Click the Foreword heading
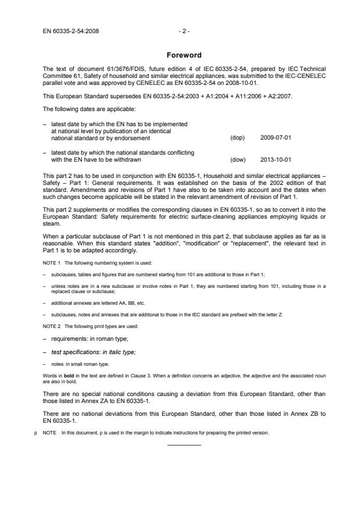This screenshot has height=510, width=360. [184, 55]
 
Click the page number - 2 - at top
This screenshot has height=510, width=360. [184, 31]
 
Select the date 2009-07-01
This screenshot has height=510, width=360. [275, 138]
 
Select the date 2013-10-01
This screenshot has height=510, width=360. [275, 159]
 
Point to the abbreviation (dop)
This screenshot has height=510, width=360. [237, 138]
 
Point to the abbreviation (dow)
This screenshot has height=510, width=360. [237, 159]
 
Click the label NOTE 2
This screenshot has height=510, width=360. [52, 326]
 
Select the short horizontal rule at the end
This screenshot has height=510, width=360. [184, 445]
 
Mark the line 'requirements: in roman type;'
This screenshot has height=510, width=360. [90, 339]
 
